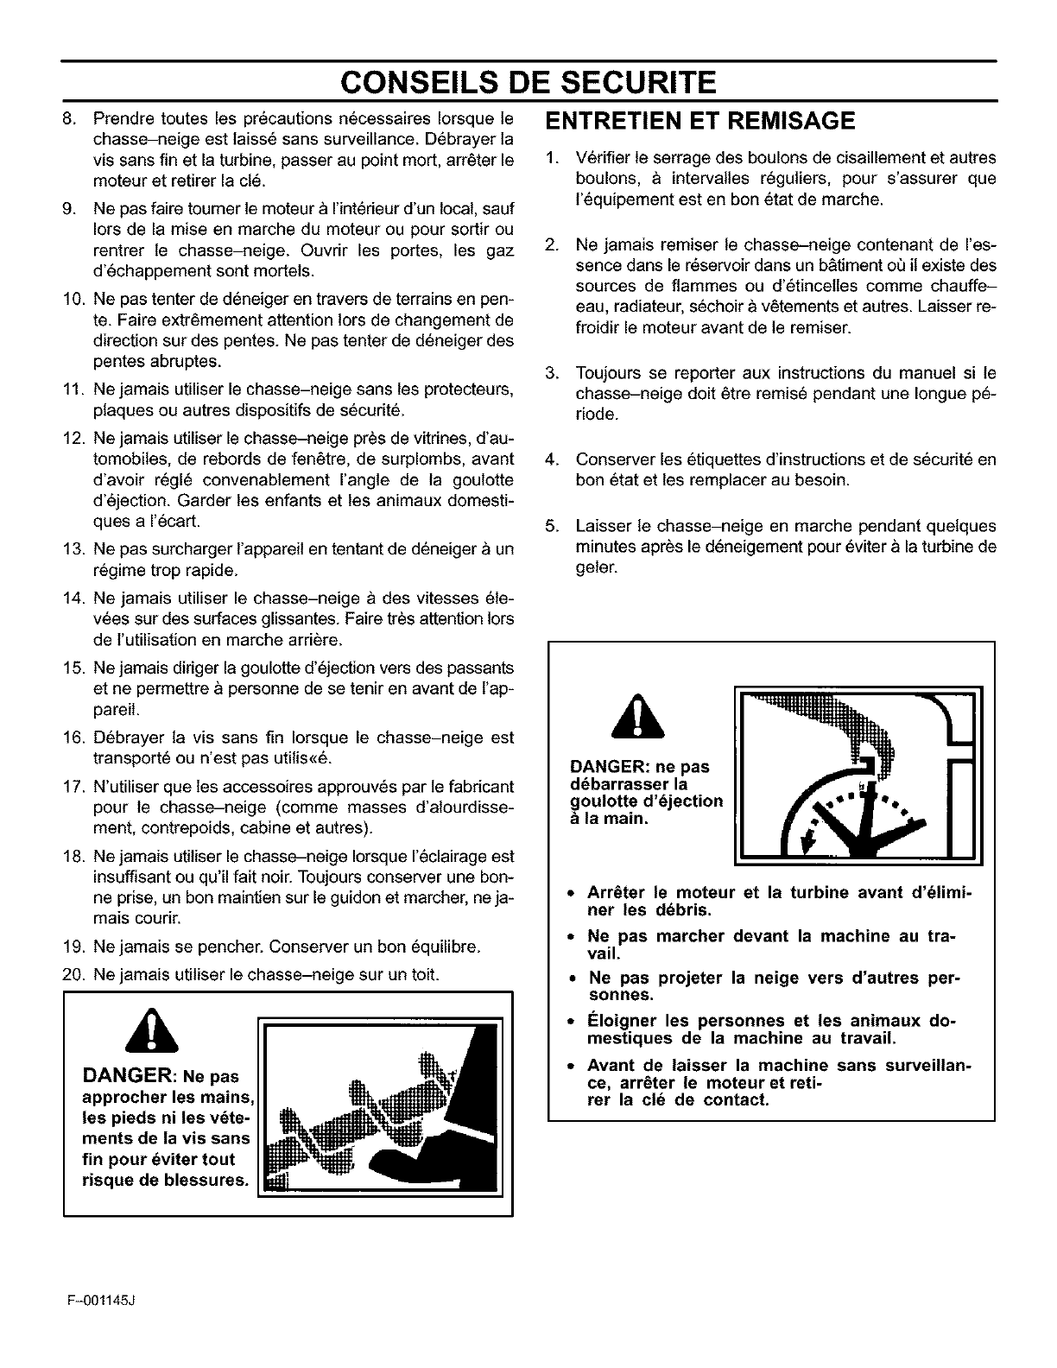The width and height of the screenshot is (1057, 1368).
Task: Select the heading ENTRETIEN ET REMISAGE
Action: pos(700,121)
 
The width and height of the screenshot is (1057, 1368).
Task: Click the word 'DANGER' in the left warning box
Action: pos(128,1076)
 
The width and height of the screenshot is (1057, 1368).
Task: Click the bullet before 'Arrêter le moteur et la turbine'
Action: pos(572,893)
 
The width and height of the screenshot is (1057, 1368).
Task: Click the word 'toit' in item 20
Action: pos(426,975)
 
